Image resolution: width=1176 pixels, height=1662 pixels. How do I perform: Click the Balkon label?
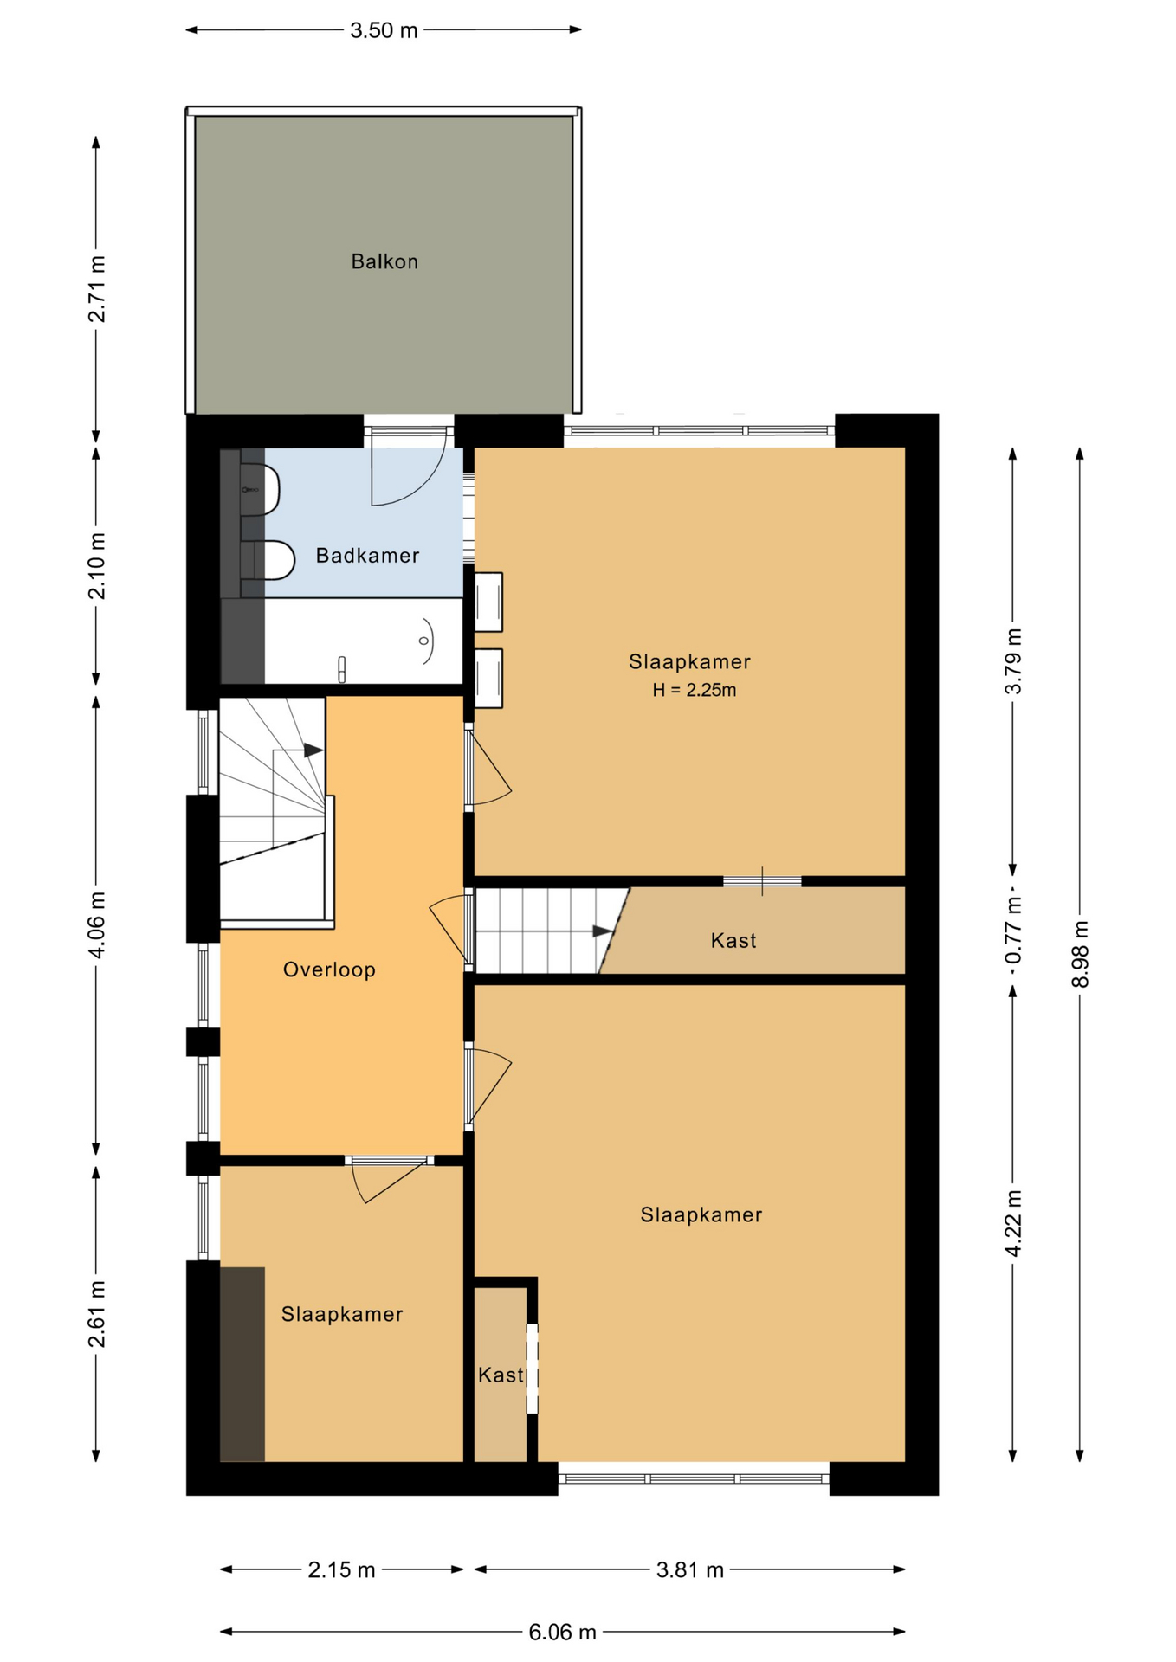click(384, 261)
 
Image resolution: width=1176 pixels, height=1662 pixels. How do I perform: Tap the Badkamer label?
click(367, 555)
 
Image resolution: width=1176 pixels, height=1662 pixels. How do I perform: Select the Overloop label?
click(329, 969)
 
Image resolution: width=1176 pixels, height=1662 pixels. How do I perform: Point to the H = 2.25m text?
click(695, 690)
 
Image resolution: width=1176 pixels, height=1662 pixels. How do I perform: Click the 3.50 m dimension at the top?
click(384, 30)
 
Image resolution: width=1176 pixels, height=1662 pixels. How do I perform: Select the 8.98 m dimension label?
click(1080, 954)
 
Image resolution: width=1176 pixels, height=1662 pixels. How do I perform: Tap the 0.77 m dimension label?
click(1013, 931)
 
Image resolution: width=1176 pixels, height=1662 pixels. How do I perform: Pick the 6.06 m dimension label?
click(562, 1632)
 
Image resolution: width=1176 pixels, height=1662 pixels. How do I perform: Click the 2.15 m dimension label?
click(341, 1569)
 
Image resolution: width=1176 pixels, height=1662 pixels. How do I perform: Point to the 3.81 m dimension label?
click(689, 1569)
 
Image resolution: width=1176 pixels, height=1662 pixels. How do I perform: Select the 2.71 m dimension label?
click(97, 289)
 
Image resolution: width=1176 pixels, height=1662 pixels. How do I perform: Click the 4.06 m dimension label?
click(97, 924)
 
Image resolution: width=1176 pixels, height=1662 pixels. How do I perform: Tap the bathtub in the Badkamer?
click(363, 641)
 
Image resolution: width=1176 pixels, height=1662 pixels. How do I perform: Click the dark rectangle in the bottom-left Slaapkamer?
click(242, 1365)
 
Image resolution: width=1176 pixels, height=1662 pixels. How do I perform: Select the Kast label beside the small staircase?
click(733, 941)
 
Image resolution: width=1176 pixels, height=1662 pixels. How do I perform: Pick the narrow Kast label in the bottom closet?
click(501, 1375)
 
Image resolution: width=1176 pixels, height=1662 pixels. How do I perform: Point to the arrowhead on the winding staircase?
click(313, 750)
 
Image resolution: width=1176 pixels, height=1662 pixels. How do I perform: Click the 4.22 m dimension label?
click(1013, 1222)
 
